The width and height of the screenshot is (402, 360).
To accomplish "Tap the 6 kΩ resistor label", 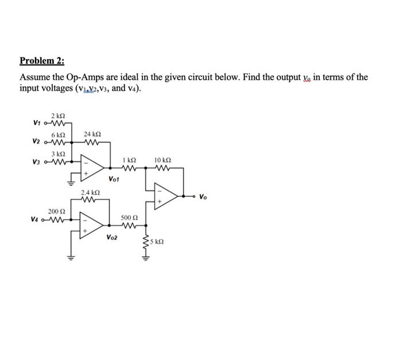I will (x=55, y=135).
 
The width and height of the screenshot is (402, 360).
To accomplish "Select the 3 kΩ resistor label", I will (x=56, y=153).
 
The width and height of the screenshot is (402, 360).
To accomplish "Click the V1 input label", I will (x=37, y=122).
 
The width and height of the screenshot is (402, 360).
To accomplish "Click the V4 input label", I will (x=37, y=219).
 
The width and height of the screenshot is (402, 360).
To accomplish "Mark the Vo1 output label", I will (x=114, y=179).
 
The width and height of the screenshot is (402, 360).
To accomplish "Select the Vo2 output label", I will (x=112, y=237).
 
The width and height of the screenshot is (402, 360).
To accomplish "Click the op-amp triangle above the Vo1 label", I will (x=94, y=165).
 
